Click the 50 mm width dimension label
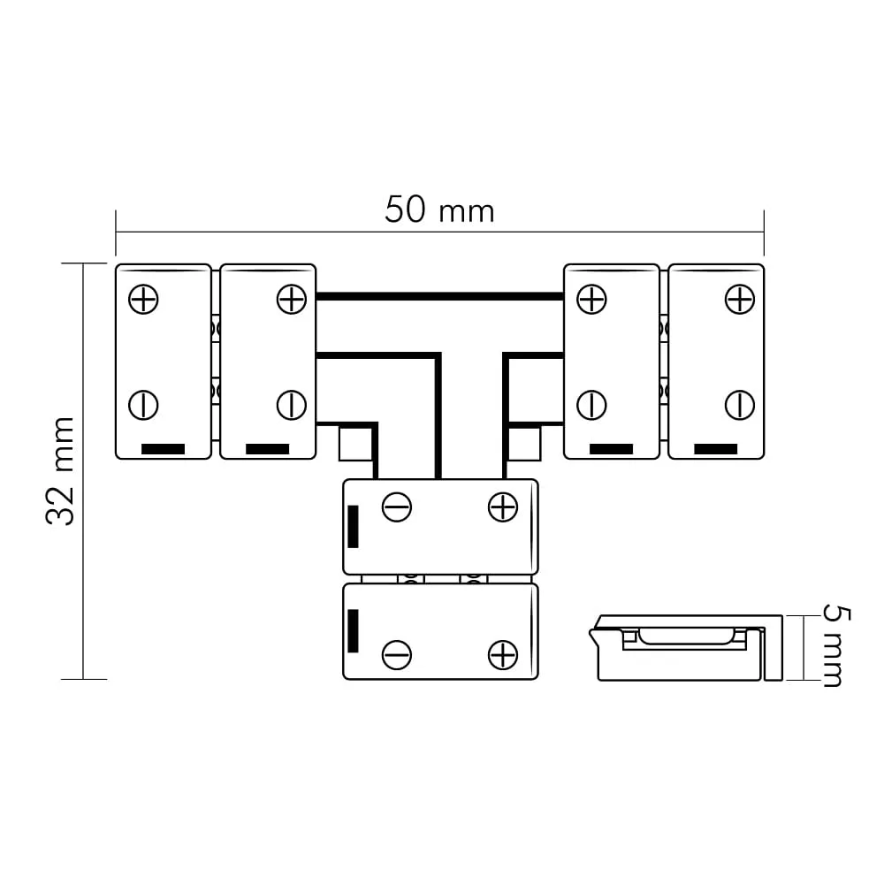[x=439, y=210]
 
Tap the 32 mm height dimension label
[x=60, y=471]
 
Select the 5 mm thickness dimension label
[x=836, y=646]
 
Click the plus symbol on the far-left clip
[x=143, y=299]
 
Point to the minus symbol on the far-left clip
[x=143, y=405]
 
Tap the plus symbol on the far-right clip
[x=740, y=299]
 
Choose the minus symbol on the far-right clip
[x=740, y=405]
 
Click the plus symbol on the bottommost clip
[x=503, y=655]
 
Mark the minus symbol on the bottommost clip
[x=397, y=655]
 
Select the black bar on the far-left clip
[x=163, y=449]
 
